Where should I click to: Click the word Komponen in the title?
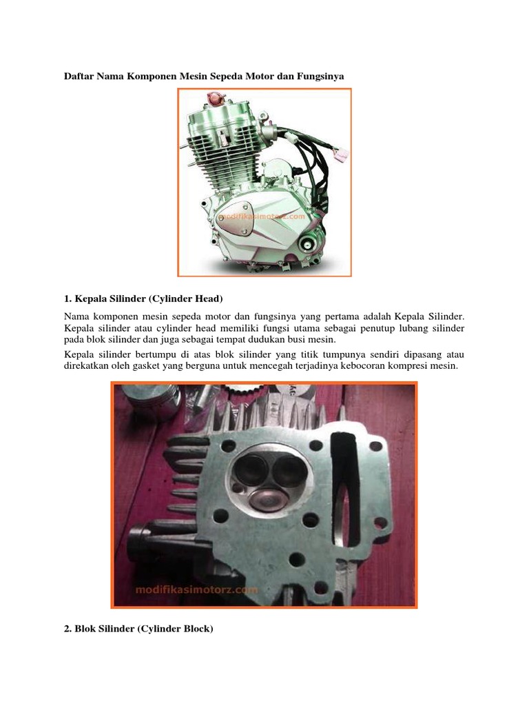tap(152, 76)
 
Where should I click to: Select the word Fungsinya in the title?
tap(320, 76)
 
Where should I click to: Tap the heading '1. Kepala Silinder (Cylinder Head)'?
tap(143, 299)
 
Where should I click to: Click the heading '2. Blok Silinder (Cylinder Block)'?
tap(138, 629)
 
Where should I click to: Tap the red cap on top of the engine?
tap(216, 98)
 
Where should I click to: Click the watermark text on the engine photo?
tap(262, 216)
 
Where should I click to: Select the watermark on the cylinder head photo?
tap(196, 589)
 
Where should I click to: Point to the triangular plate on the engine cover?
tap(234, 219)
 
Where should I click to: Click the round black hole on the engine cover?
tap(308, 245)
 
